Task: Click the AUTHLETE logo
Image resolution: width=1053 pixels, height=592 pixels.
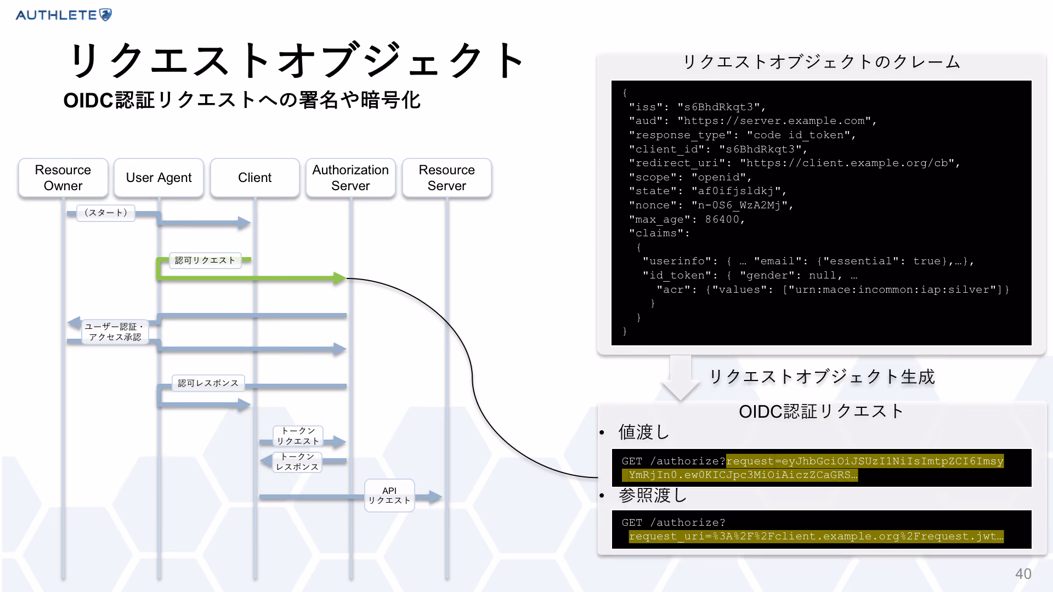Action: [64, 15]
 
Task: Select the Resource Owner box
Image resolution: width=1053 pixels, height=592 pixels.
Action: [63, 178]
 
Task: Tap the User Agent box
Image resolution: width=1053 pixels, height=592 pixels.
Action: [158, 178]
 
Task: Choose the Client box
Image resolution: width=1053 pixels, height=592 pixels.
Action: [254, 178]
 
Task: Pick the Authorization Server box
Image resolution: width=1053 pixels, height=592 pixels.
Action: [350, 178]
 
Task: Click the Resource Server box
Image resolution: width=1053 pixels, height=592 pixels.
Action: [446, 178]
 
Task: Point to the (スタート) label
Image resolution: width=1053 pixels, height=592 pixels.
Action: [106, 213]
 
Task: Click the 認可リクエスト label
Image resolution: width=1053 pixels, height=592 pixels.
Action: [205, 260]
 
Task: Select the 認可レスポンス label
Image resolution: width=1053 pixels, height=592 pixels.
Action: [208, 383]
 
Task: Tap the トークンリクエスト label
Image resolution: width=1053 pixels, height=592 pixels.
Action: [298, 436]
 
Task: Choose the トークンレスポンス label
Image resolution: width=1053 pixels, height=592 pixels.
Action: [297, 462]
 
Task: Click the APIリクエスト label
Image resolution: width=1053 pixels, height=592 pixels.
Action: [389, 496]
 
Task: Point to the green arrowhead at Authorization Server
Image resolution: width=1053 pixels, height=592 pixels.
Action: [340, 278]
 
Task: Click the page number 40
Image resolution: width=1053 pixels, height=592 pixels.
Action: [1023, 574]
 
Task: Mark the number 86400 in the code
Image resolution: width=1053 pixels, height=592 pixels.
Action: [722, 219]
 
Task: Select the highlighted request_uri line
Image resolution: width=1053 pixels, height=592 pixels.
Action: [816, 536]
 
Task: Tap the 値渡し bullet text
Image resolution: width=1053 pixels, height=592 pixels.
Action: [644, 432]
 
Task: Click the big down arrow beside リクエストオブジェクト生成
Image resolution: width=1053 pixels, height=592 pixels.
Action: [681, 378]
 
